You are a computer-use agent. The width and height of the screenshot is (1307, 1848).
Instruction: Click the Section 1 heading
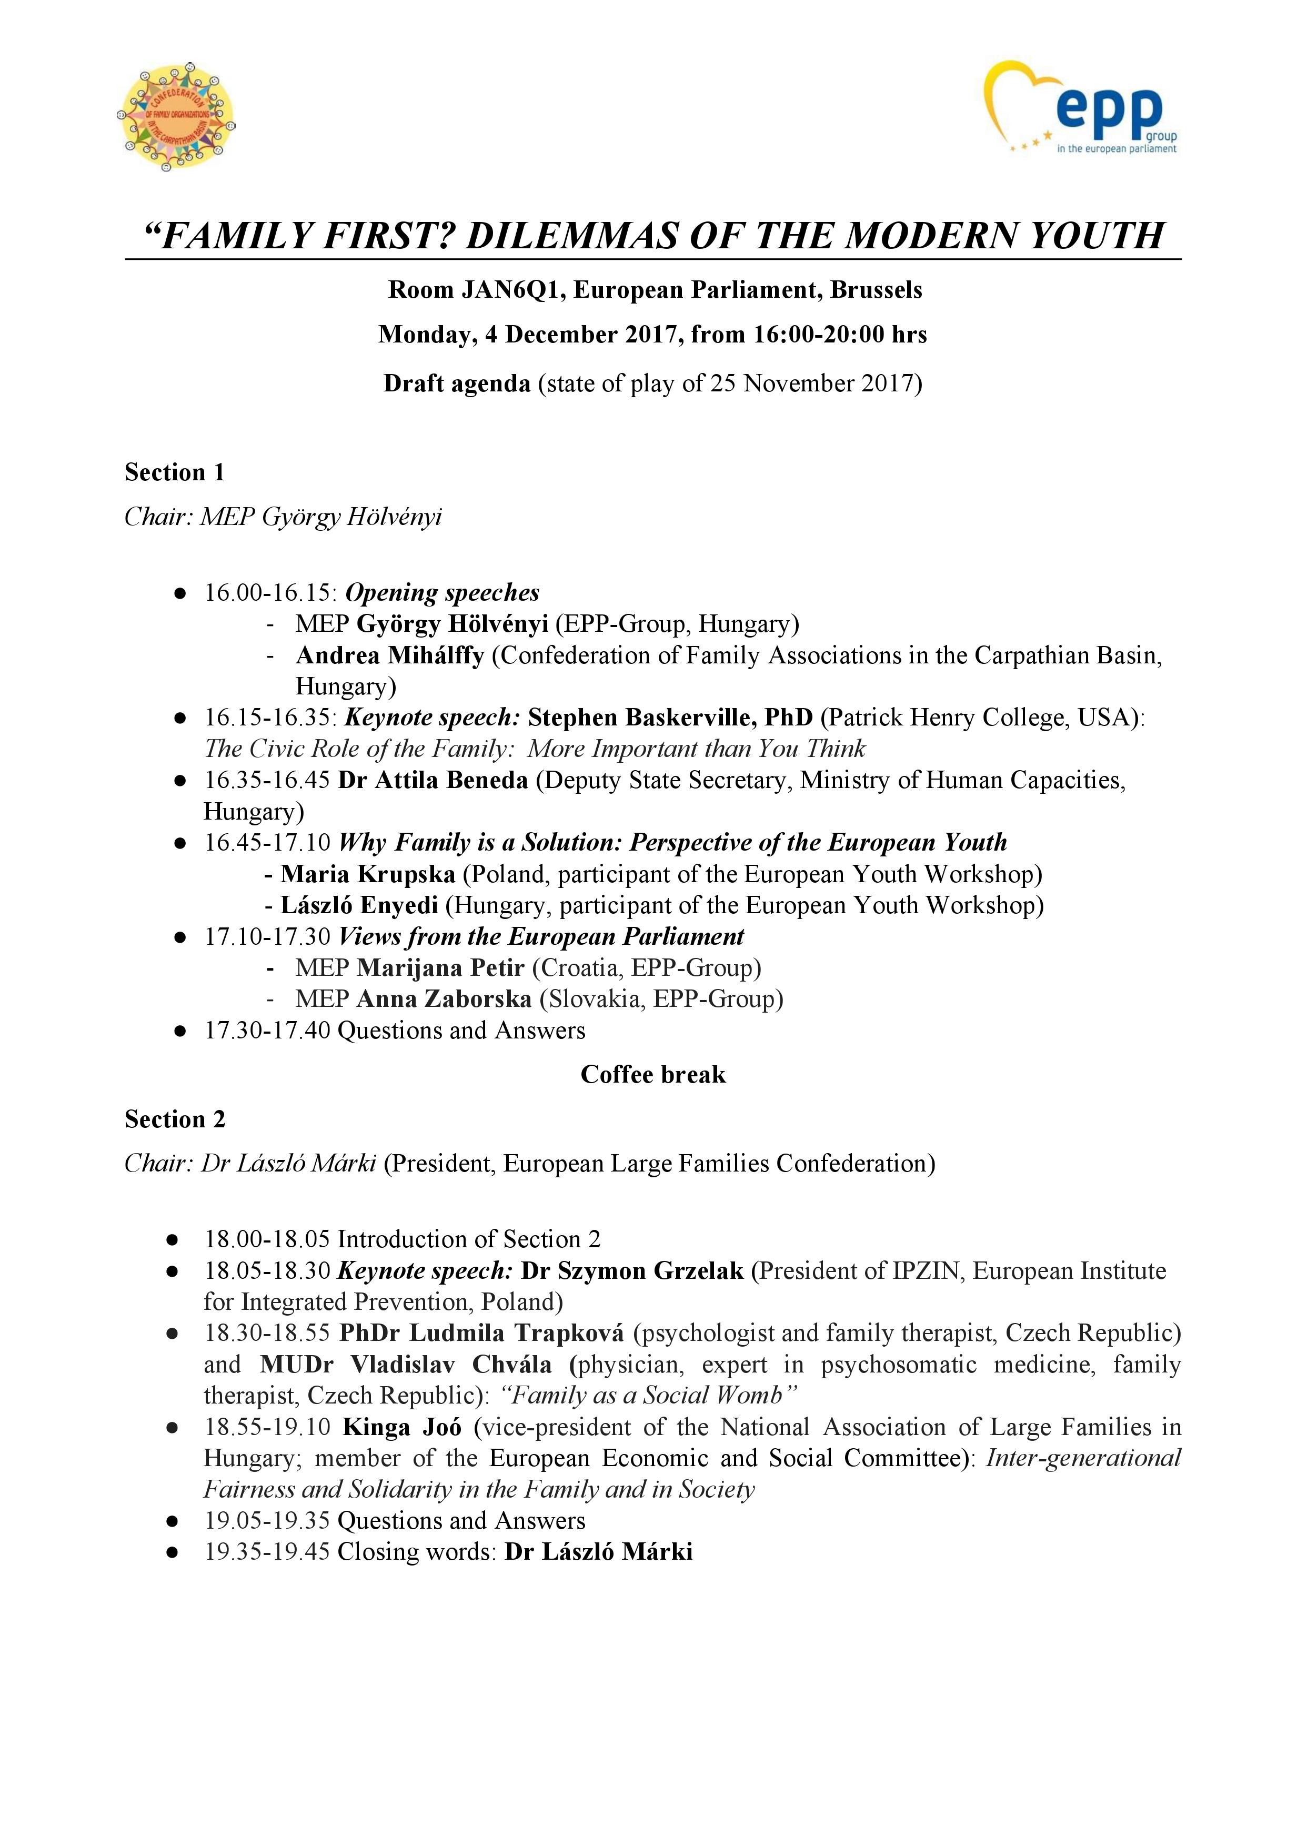coord(174,472)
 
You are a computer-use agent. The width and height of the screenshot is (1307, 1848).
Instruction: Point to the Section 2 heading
coord(175,1119)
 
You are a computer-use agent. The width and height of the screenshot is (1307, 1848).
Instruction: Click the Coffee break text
coord(653,1075)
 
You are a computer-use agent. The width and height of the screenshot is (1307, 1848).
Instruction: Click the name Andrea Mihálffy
coord(390,656)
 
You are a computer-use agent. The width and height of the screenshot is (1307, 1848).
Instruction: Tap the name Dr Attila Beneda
coord(433,780)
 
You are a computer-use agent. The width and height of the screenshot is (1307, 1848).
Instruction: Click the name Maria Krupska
coord(367,874)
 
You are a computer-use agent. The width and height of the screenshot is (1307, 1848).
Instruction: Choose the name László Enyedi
coord(359,905)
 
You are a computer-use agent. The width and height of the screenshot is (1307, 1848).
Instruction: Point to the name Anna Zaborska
coord(444,999)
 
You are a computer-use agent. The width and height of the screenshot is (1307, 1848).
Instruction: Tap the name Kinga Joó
coord(402,1427)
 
